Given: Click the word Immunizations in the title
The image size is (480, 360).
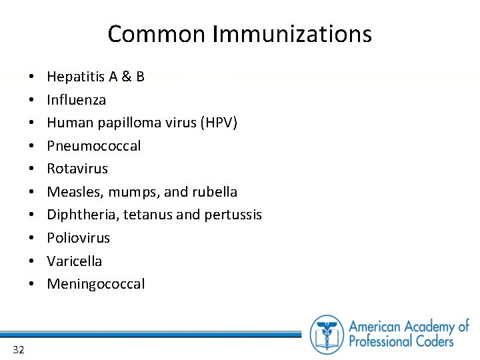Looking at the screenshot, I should pyautogui.click(x=292, y=34).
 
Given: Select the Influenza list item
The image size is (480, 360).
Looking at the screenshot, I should pyautogui.click(x=76, y=100).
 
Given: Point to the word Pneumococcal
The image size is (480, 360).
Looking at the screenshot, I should pyautogui.click(x=94, y=146).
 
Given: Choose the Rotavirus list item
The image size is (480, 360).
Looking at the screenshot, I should pyautogui.click(x=77, y=169).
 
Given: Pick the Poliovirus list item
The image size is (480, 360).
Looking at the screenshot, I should pyautogui.click(x=78, y=238).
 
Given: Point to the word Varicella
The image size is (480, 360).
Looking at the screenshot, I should pyautogui.click(x=75, y=261).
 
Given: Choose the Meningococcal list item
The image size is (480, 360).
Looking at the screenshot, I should pyautogui.click(x=95, y=284).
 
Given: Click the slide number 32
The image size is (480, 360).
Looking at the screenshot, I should pyautogui.click(x=18, y=349).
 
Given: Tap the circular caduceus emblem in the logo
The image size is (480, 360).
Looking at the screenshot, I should pyautogui.click(x=327, y=334).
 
